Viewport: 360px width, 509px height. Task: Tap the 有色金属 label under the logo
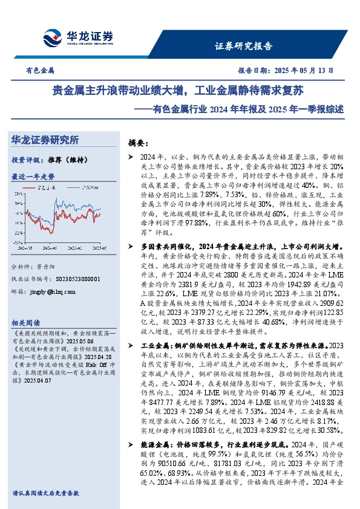tap(41, 70)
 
